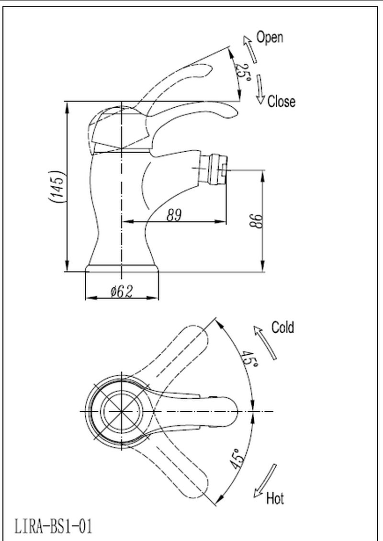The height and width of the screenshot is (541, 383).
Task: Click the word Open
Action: (270, 37)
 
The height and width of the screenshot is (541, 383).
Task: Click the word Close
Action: (281, 101)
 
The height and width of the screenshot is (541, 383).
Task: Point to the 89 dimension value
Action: (174, 215)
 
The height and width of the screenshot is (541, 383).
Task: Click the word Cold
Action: (282, 327)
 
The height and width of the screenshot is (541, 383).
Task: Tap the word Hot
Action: (275, 499)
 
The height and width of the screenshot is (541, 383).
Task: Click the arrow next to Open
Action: (249, 48)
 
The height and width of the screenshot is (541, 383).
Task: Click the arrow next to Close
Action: (260, 89)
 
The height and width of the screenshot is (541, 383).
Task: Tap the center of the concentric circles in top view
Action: (121, 412)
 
